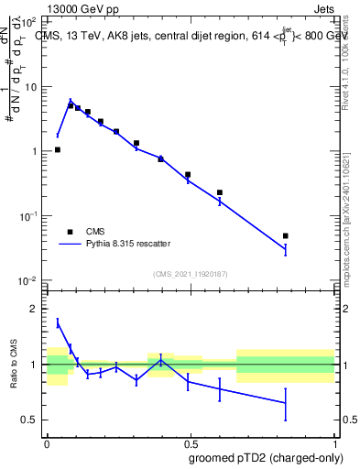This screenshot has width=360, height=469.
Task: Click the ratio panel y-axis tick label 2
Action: click(x=36, y=309)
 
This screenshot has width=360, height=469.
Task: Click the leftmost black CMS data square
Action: click(x=58, y=149)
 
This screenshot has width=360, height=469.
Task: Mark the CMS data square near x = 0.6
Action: click(x=220, y=192)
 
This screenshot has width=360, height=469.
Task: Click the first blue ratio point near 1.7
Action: click(x=58, y=322)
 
